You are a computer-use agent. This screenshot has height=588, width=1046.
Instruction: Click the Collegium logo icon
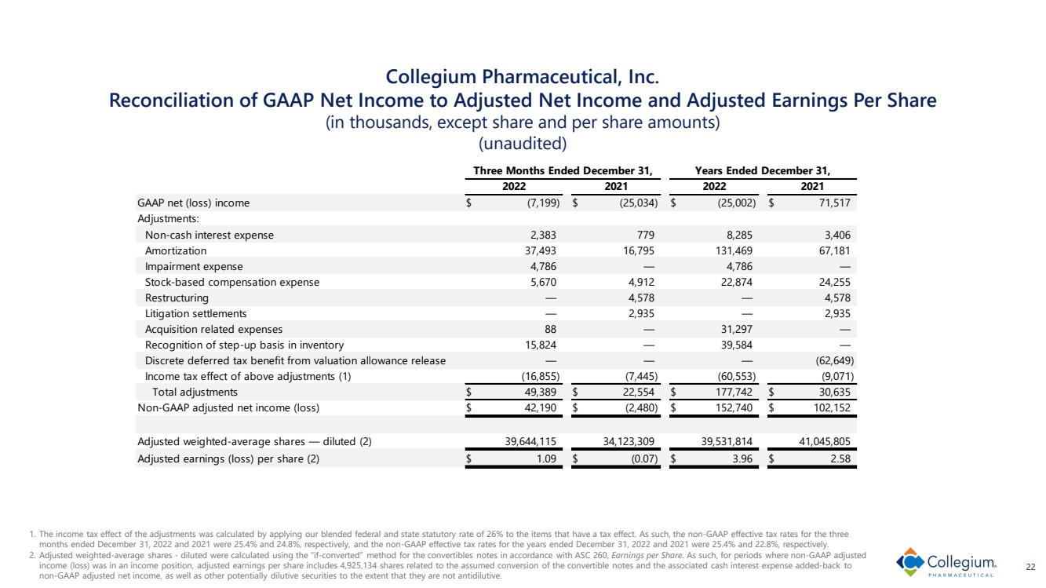pyautogui.click(x=911, y=562)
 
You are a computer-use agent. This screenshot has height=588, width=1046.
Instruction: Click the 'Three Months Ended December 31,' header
pyautogui.click(x=563, y=172)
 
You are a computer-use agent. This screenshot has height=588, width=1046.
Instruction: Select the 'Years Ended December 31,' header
pyautogui.click(x=763, y=172)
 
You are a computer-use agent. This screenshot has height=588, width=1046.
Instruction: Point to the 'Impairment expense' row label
pyautogui.click(x=194, y=266)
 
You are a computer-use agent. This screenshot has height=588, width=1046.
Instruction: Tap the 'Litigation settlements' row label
pyautogui.click(x=195, y=313)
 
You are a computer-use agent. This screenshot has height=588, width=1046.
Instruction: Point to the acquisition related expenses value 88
pyautogui.click(x=549, y=329)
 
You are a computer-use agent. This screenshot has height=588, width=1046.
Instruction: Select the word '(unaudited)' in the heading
pyautogui.click(x=523, y=144)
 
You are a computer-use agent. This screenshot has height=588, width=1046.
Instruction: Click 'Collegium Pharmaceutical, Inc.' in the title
pyautogui.click(x=523, y=77)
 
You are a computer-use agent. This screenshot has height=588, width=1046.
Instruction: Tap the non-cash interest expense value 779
pyautogui.click(x=643, y=235)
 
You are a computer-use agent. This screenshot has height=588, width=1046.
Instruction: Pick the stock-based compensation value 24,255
pyautogui.click(x=835, y=282)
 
